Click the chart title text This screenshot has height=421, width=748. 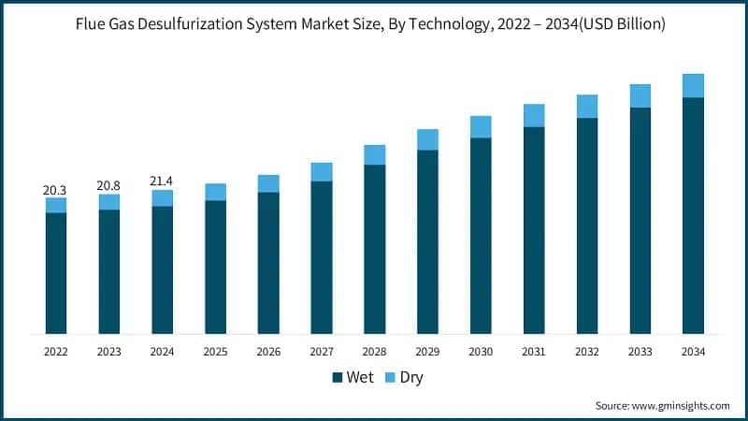(374, 25)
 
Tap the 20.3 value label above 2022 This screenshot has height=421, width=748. (55, 190)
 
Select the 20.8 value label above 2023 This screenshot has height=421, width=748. (108, 186)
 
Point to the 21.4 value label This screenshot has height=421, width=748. (162, 181)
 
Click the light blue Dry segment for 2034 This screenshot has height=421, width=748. (693, 85)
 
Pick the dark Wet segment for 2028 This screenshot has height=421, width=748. (375, 249)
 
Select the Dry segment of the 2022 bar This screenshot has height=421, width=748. (56, 205)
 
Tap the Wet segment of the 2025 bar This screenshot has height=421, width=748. (215, 267)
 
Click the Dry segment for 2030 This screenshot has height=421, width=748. (481, 126)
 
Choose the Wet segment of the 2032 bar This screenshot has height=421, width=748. (587, 225)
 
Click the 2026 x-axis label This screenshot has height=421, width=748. (268, 352)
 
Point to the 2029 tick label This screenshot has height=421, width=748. (427, 352)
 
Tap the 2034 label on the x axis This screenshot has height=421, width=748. (693, 352)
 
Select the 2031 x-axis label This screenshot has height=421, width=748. (534, 352)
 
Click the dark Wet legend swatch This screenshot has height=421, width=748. (338, 378)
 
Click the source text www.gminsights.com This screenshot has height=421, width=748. (680, 405)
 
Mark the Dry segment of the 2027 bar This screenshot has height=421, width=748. (322, 171)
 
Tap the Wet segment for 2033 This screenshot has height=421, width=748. (640, 220)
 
